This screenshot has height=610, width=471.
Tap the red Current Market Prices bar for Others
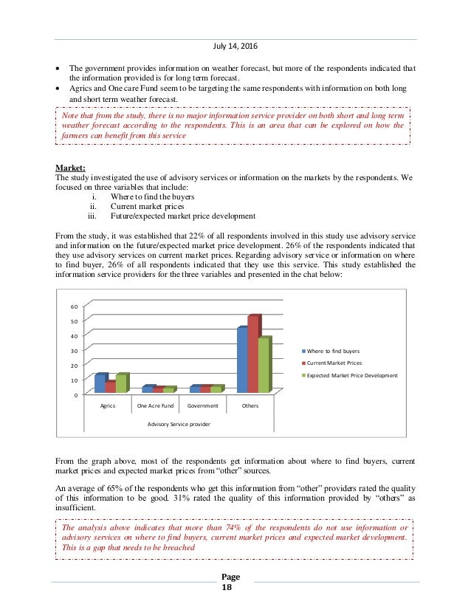pyautogui.click(x=252, y=354)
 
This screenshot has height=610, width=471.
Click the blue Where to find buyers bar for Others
pyautogui.click(x=241, y=360)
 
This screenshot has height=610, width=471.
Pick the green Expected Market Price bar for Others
pyautogui.click(x=263, y=366)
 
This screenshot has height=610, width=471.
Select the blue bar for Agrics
pyautogui.click(x=100, y=383)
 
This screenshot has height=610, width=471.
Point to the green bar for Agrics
pyautogui.click(x=120, y=383)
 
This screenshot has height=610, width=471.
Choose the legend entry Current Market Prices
pyautogui.click(x=334, y=363)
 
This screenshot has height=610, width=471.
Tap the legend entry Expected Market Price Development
pyautogui.click(x=351, y=375)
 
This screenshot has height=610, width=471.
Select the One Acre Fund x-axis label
pyautogui.click(x=155, y=405)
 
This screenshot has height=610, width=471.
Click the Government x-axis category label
pyautogui.click(x=202, y=405)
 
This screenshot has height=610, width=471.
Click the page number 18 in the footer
pyautogui.click(x=235, y=587)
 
